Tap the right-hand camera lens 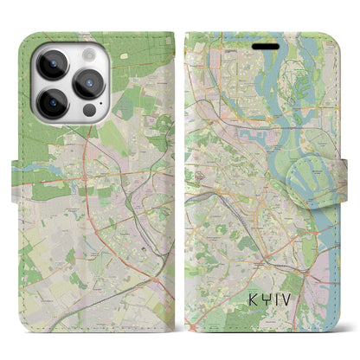click(x=90, y=84)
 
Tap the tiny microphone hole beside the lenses click(x=74, y=83)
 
